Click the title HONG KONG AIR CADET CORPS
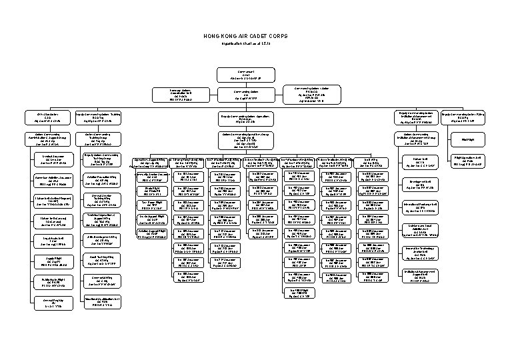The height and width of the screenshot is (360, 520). (x=245, y=36)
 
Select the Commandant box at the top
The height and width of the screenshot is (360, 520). (x=245, y=74)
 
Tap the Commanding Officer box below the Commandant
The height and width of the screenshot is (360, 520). (x=245, y=95)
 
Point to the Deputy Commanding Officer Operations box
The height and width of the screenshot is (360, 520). (x=245, y=117)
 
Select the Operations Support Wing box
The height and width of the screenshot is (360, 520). (x=152, y=163)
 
